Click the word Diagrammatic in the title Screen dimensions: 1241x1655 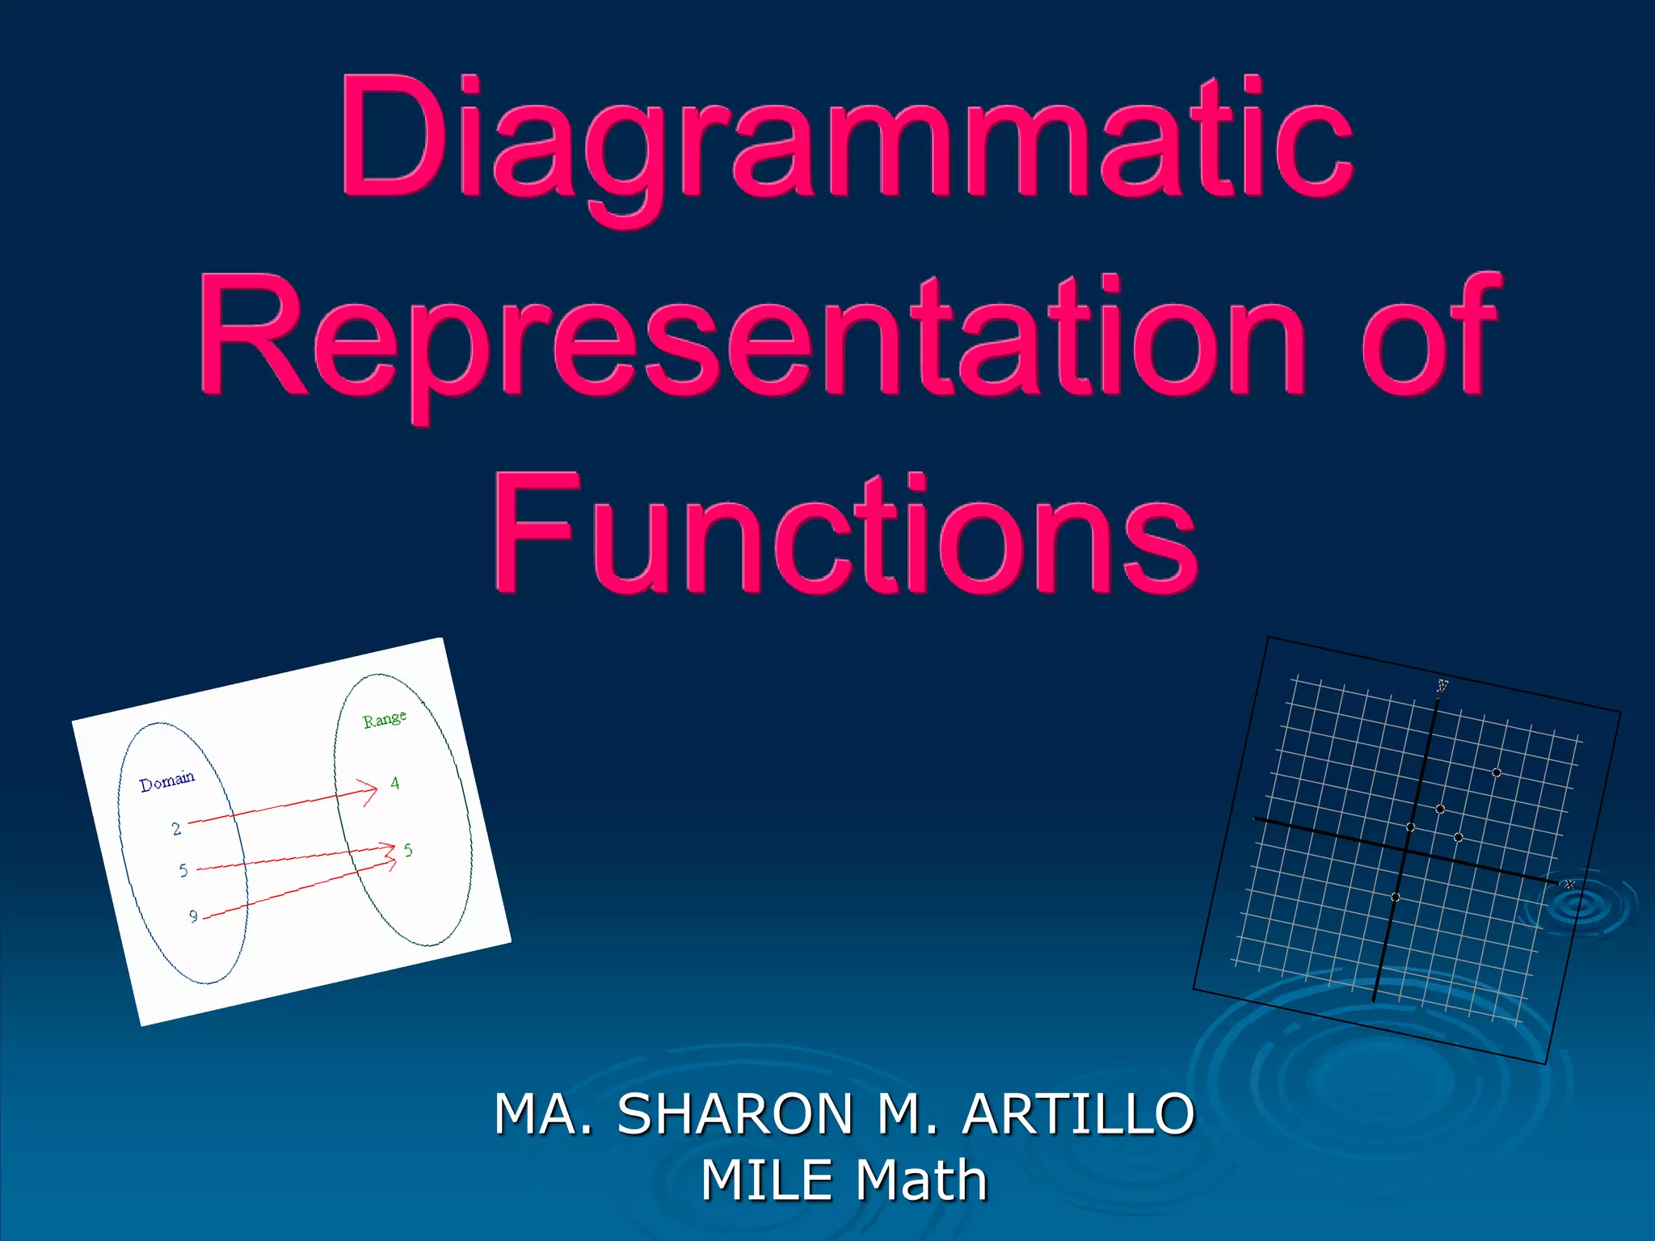[x=846, y=137]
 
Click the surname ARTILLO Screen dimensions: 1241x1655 [x=1078, y=1114]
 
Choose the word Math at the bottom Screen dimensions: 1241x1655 [x=921, y=1180]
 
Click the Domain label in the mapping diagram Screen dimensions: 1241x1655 [x=167, y=781]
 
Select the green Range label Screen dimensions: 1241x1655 [x=384, y=719]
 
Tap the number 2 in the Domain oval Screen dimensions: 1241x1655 [x=176, y=829]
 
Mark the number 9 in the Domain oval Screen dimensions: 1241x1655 [x=193, y=916]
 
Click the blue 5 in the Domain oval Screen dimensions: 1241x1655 [x=183, y=870]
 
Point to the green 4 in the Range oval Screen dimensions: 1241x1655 [x=394, y=783]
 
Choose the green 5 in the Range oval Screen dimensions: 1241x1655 [x=408, y=850]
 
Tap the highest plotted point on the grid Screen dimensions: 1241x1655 [x=1497, y=773]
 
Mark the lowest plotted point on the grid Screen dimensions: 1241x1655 [x=1396, y=898]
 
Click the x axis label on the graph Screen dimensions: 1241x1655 [x=1569, y=885]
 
